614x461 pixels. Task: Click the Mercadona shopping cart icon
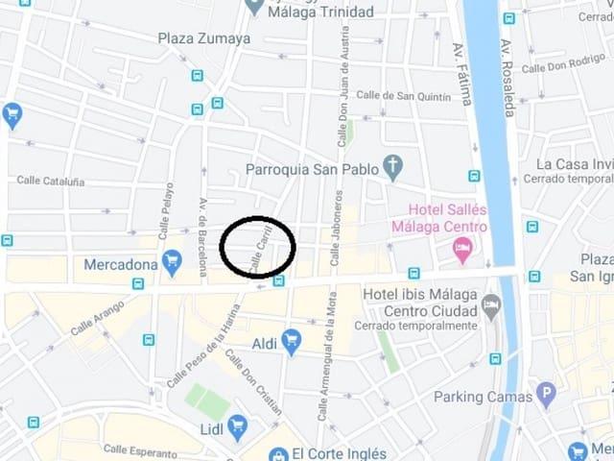[172, 260]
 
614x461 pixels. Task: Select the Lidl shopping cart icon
[238, 427]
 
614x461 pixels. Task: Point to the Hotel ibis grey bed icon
[491, 306]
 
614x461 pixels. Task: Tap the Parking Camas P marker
[546, 393]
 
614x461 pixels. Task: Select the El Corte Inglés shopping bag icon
[279, 454]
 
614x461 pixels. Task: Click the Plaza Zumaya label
[204, 38]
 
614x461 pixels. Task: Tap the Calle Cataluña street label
[51, 181]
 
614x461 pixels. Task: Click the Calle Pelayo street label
[166, 209]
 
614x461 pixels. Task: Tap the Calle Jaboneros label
[336, 228]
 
